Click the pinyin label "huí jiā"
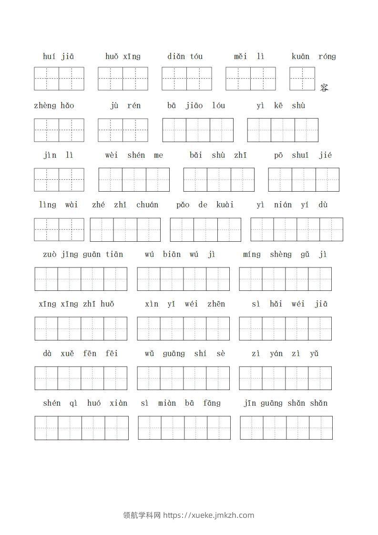[58, 57]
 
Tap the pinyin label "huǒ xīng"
[123, 57]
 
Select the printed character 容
[324, 88]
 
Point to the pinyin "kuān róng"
[314, 57]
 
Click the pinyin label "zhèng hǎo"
[54, 106]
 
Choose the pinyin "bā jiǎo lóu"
[196, 106]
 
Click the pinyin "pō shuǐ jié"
[303, 155]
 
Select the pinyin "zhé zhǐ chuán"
[125, 205]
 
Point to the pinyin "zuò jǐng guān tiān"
[83, 255]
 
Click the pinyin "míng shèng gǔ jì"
[285, 255]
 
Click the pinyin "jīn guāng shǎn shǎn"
[286, 403]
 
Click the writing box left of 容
[302, 79]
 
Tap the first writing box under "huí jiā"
[47, 79]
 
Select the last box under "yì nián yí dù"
[331, 229]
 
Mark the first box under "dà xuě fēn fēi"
[46, 378]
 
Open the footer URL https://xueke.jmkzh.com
[209, 515]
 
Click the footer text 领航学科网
[142, 515]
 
